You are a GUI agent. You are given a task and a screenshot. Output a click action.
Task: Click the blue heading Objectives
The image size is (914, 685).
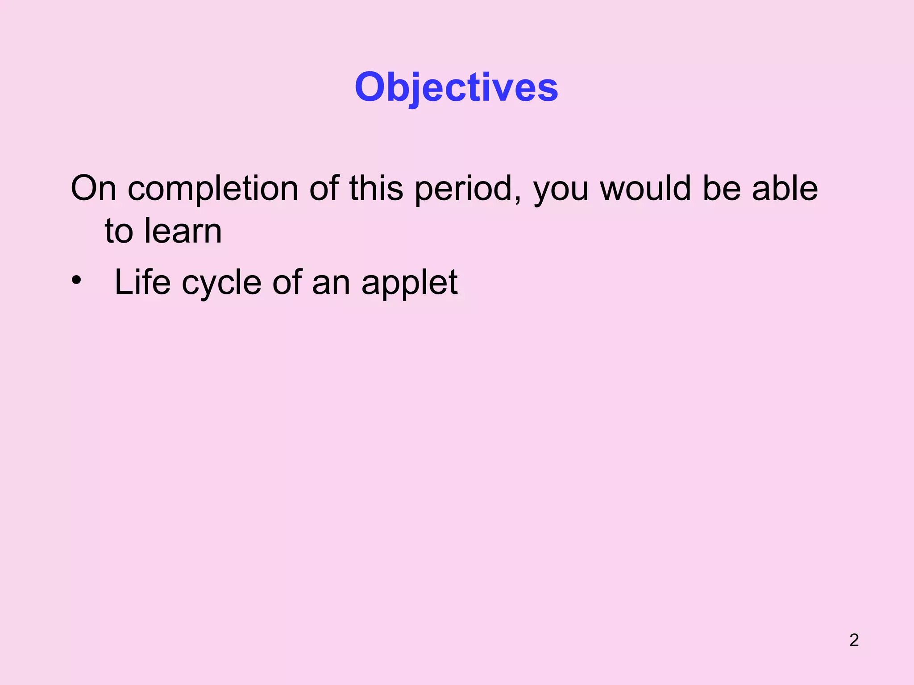(x=456, y=87)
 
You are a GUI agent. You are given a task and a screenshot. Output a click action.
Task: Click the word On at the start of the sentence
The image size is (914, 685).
(x=93, y=189)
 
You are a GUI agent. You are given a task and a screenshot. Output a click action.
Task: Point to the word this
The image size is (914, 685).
(x=376, y=189)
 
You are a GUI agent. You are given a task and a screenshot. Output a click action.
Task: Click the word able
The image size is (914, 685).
(x=785, y=189)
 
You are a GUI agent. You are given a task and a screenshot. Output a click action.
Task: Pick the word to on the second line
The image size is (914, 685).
(x=119, y=232)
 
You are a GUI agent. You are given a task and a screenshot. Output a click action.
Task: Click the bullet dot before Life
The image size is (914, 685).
(x=76, y=281)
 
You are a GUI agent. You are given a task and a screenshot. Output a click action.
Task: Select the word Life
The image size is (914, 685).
(x=142, y=282)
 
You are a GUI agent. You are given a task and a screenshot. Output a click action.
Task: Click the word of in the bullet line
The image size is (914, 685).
(x=287, y=282)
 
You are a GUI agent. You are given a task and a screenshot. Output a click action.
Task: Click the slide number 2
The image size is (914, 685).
(x=854, y=640)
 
